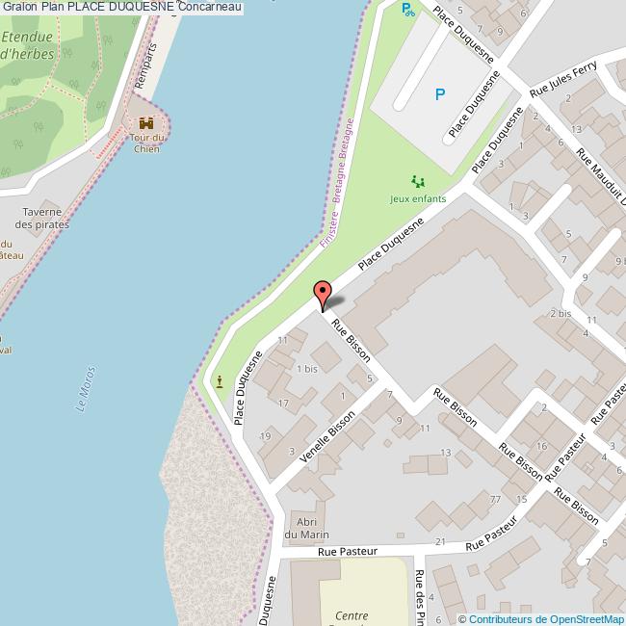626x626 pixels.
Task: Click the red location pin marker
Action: click(x=324, y=293)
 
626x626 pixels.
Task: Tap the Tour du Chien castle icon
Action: click(x=146, y=123)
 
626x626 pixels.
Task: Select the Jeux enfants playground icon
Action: click(x=418, y=181)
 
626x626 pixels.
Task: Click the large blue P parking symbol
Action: click(x=440, y=94)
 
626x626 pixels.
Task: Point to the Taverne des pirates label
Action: click(x=42, y=218)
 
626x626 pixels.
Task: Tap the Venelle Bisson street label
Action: click(x=328, y=438)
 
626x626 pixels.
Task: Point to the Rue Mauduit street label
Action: click(x=602, y=178)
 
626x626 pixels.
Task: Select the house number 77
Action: click(x=495, y=499)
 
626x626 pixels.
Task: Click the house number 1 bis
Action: click(x=307, y=369)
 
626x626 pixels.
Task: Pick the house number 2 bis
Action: click(x=561, y=314)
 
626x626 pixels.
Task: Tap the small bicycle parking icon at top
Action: click(x=408, y=11)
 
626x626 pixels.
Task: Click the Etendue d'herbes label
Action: click(x=27, y=45)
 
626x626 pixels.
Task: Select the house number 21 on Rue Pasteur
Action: click(x=440, y=541)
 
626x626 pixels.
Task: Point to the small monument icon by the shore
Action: click(x=221, y=380)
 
